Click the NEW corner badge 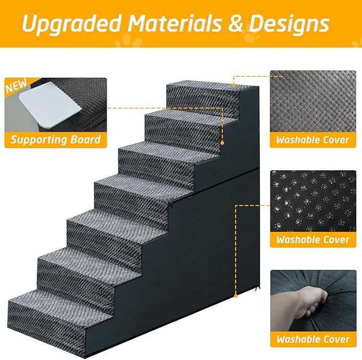(15, 87)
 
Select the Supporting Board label (55, 140)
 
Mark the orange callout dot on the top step (234, 84)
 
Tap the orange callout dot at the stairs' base (235, 294)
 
